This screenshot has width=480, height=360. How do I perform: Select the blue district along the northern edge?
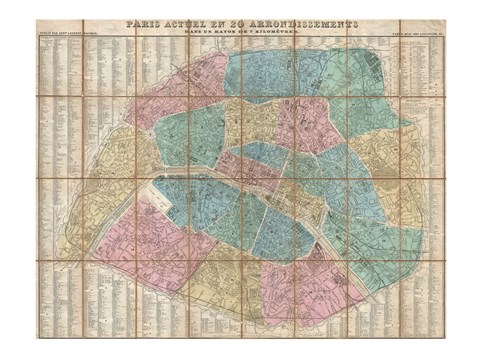click(265, 75)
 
